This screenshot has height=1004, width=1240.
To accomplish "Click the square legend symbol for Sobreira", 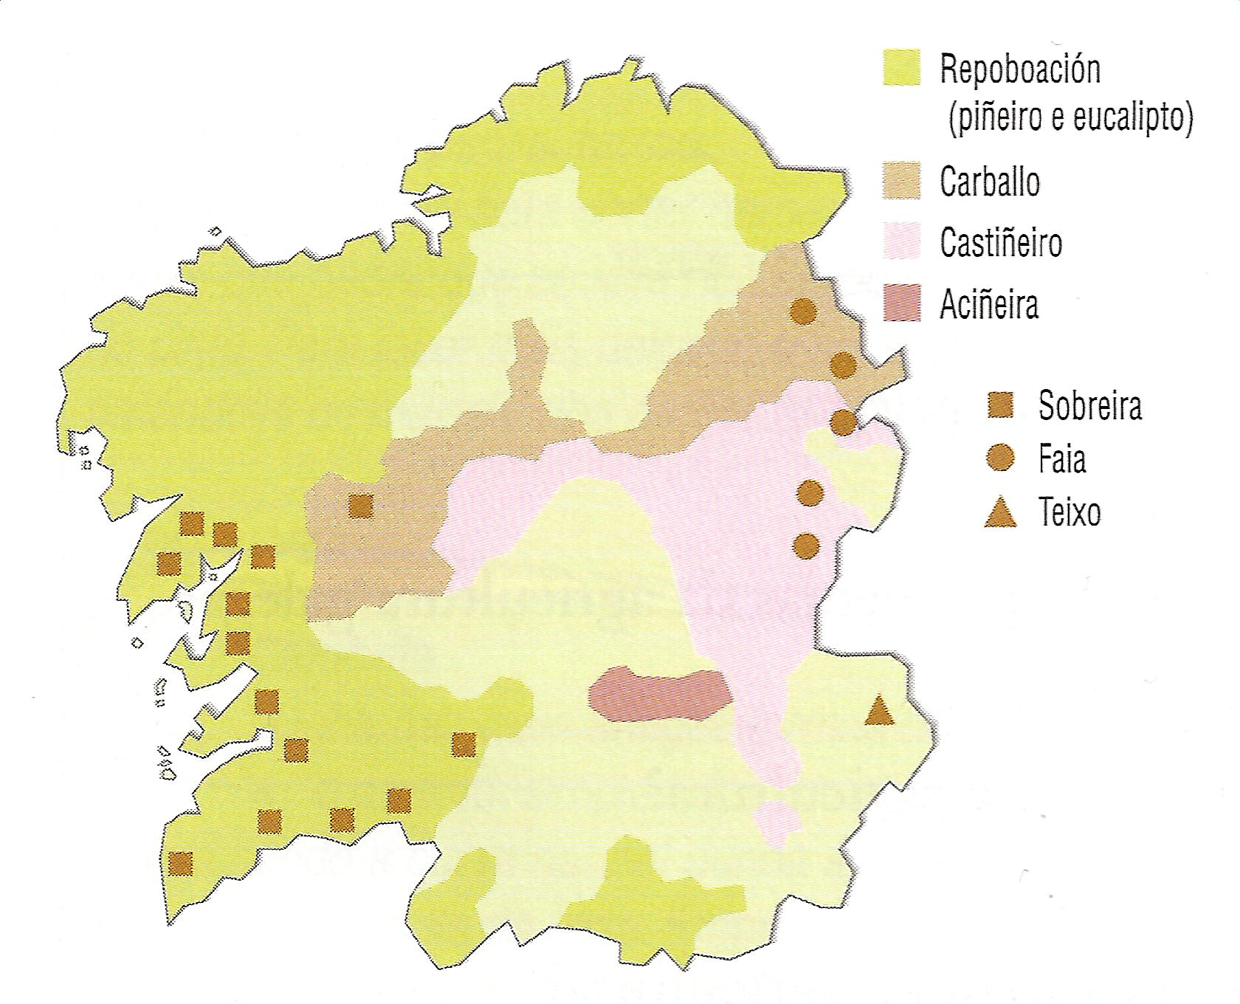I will click(1001, 405).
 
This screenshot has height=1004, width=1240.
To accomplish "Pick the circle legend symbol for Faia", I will click(1001, 458).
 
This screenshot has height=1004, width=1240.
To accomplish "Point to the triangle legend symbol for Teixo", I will click(1001, 513).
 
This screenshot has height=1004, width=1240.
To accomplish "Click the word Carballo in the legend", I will click(990, 182).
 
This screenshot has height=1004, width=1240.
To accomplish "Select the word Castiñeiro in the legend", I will click(1001, 243).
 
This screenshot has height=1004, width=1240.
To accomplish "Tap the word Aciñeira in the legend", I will click(989, 304).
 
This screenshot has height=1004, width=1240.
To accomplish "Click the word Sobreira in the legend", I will click(1090, 405).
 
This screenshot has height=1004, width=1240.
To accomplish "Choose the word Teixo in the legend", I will click(1069, 512).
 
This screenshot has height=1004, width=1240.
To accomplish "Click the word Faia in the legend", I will click(1062, 459).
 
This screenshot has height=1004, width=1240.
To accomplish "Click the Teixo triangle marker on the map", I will click(878, 712).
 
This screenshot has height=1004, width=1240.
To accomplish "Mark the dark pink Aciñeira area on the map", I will click(659, 694).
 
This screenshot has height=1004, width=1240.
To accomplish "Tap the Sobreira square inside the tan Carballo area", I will click(361, 506).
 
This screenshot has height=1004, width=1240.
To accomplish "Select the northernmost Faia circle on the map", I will click(803, 312).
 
